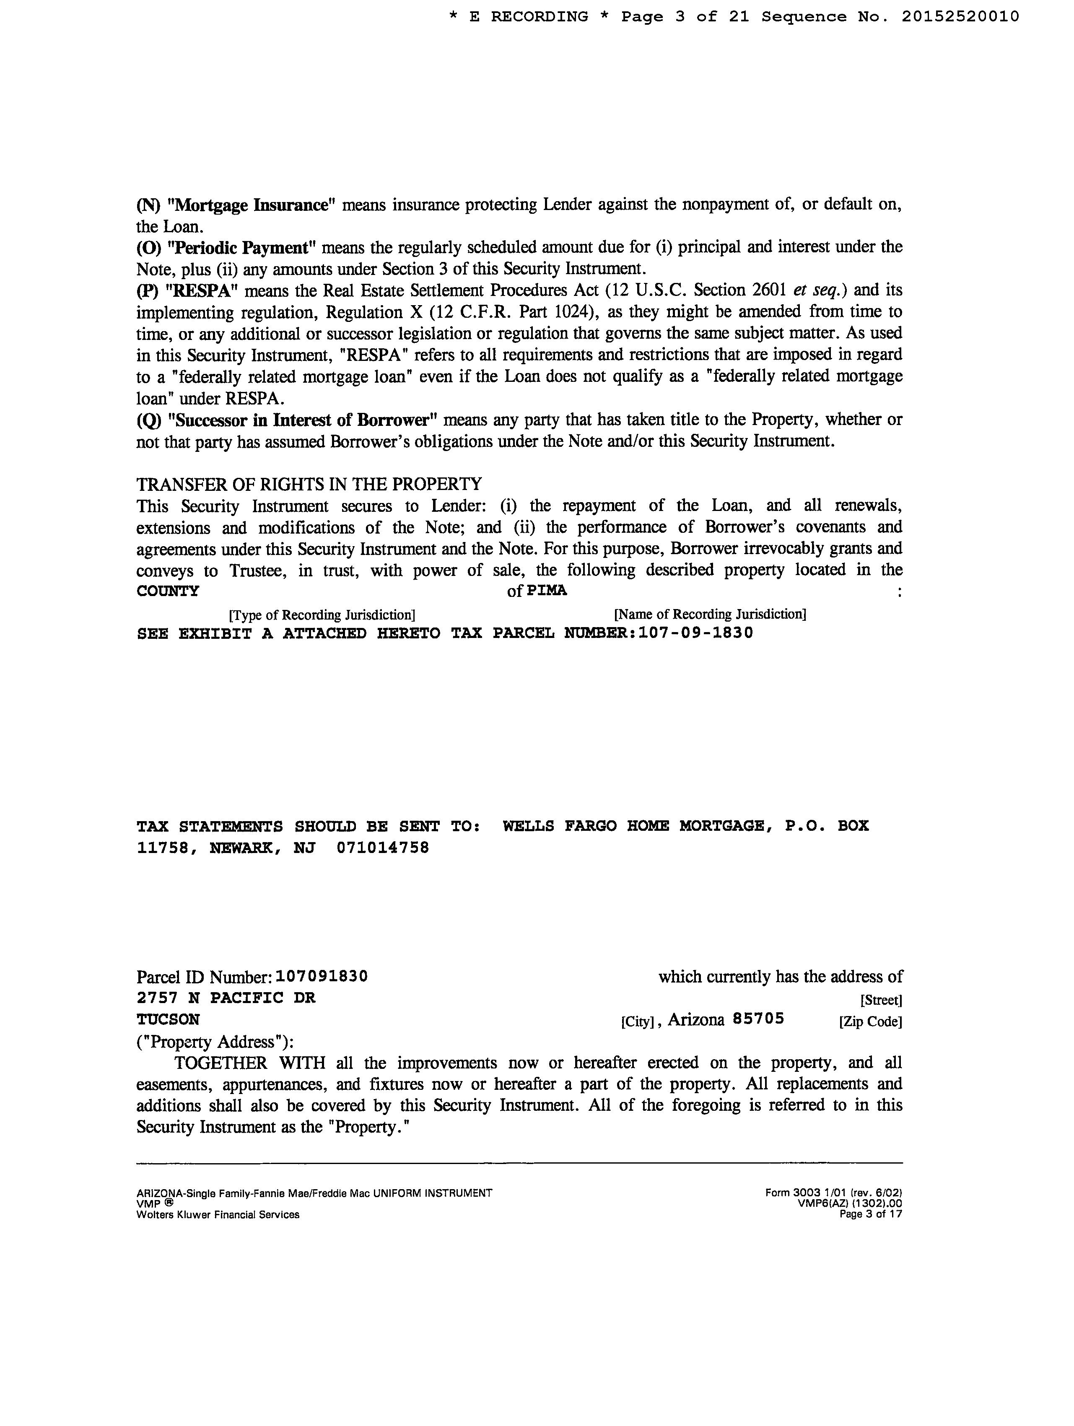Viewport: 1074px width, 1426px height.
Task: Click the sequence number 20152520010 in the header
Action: (960, 17)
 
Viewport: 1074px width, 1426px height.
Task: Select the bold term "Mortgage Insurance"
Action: (252, 205)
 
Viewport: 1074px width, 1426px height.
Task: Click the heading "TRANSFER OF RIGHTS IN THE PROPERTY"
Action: (309, 484)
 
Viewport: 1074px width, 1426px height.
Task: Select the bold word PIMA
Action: (547, 591)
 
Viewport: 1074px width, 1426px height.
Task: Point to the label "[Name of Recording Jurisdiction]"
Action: (710, 614)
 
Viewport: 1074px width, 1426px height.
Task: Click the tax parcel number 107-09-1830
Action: (695, 633)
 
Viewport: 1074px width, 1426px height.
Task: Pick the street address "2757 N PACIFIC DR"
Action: (226, 998)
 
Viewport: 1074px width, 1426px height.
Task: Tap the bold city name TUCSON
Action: (168, 1020)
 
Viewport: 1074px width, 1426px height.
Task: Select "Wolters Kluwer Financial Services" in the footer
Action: (218, 1215)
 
